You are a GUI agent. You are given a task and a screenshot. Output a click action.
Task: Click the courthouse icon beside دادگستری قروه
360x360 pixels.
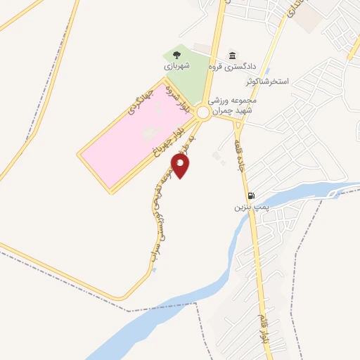pos(233,56)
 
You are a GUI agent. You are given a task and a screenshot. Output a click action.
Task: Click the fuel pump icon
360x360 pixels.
pos(251,195)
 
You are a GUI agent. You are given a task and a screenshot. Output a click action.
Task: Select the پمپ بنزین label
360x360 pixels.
pos(252,207)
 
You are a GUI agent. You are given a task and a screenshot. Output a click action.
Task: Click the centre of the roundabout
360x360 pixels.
pos(203,112)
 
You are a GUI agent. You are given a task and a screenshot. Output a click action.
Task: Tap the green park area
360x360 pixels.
pos(186,81)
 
